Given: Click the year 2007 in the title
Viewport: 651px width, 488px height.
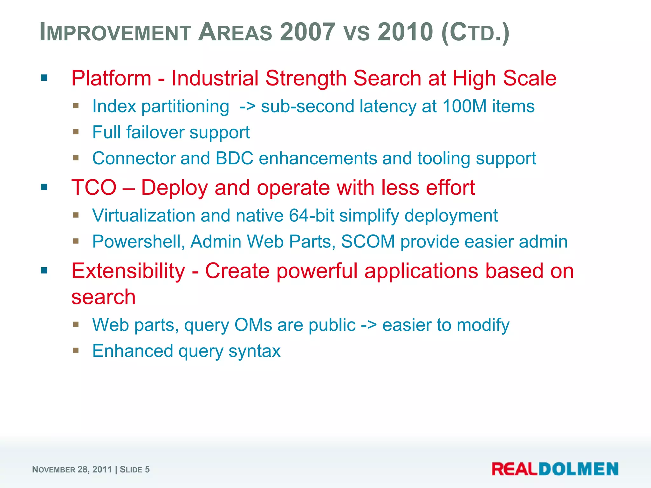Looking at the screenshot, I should (307, 32).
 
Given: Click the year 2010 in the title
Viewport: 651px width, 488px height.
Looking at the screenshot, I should (405, 32).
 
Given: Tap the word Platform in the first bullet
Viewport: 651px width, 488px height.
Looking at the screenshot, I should (111, 78).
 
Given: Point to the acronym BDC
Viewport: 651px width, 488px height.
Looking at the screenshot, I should (234, 158).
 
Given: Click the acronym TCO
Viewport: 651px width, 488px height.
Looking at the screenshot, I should (94, 187).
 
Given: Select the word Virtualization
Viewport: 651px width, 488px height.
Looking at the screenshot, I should (144, 216).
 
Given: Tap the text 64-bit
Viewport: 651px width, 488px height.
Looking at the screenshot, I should (311, 216).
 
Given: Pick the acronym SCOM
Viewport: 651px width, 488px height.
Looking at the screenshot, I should (368, 242).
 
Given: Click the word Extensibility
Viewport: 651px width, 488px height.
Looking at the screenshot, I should (128, 271).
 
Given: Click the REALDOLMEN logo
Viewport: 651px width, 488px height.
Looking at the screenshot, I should (555, 469).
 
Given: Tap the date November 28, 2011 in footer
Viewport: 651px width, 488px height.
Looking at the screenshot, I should (72, 470).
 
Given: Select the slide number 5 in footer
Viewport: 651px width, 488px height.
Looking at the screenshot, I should (147, 470).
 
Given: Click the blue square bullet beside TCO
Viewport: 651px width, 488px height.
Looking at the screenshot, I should (44, 187).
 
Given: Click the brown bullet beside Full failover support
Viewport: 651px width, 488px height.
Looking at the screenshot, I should (76, 132).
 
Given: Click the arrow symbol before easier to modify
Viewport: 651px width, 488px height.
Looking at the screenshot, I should (369, 325).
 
